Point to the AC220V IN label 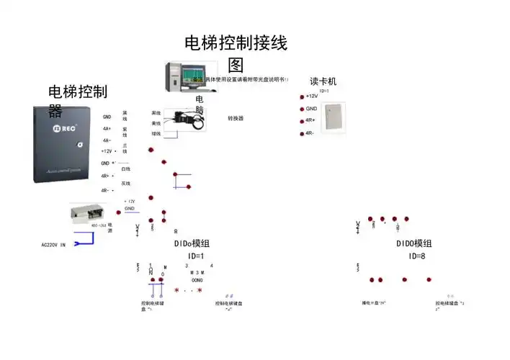[53, 245]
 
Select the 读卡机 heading [323, 81]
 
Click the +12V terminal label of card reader [311, 96]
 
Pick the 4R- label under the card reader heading [310, 133]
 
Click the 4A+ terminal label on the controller [107, 128]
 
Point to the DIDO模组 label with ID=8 [414, 244]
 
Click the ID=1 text [196, 256]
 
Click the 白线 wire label [125, 168]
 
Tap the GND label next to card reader [311, 109]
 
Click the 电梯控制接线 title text [236, 44]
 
